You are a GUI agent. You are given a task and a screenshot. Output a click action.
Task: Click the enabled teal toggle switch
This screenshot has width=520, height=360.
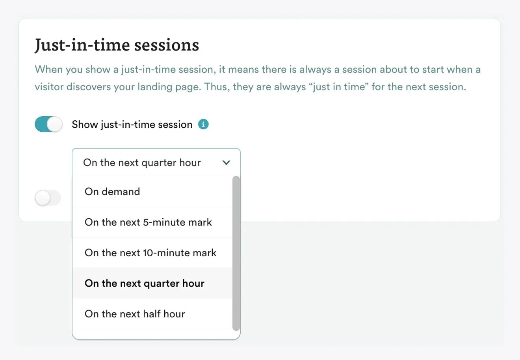(x=48, y=125)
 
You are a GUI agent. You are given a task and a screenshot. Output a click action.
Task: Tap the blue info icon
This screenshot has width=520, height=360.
(x=203, y=125)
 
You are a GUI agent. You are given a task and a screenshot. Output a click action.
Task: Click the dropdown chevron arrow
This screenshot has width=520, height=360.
(x=226, y=162)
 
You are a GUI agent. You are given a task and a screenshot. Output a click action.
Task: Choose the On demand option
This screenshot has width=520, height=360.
(x=112, y=192)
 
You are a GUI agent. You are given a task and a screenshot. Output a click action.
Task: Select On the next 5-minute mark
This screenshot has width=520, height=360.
(x=148, y=222)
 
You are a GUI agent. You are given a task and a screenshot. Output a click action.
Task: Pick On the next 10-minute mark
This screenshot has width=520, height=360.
(x=150, y=253)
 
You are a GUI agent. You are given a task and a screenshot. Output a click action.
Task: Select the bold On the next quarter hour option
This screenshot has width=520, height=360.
(x=144, y=284)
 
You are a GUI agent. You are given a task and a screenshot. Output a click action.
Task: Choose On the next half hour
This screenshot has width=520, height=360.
(x=135, y=314)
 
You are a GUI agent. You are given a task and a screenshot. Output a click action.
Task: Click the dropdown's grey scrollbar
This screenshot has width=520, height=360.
(x=236, y=252)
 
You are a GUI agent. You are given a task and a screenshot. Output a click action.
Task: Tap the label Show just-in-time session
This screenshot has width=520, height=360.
(x=132, y=125)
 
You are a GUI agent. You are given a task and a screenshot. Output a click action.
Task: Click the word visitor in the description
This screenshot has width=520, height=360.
(x=49, y=87)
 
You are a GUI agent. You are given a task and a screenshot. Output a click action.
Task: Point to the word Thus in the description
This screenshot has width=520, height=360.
(x=215, y=87)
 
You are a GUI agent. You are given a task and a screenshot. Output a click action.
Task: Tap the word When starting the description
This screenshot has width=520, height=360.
(x=49, y=70)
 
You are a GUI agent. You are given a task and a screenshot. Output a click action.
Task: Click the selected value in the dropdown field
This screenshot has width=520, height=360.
(x=142, y=162)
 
